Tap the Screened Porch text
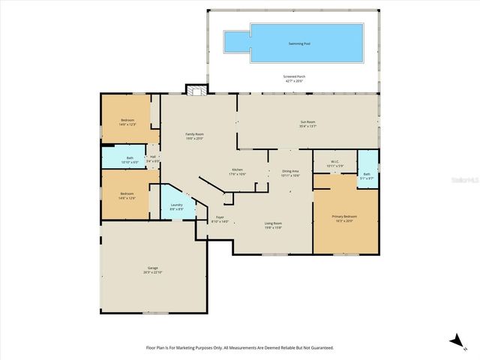pos(293,78)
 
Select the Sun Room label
pos(308,122)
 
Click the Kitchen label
pos(237,171)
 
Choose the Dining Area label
pos(290,172)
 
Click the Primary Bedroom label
pos(345,217)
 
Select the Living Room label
pos(273,224)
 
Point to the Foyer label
pos(219,218)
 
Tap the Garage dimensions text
pos(152,272)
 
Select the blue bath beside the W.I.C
pos(367,171)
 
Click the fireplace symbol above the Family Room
pos(197,90)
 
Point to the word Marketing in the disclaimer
pos(193,348)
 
